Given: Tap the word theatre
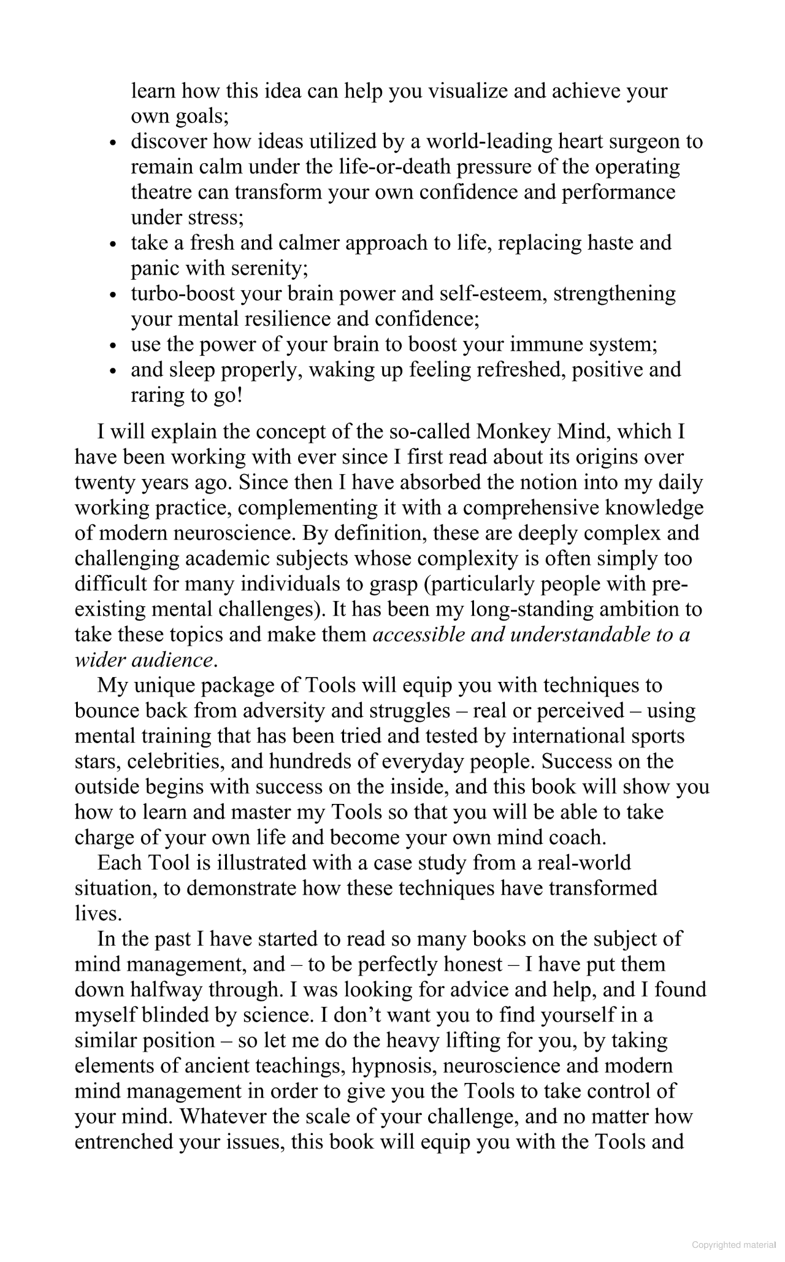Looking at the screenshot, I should pos(161,192).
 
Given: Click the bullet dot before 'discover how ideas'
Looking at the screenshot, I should pos(112,143).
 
